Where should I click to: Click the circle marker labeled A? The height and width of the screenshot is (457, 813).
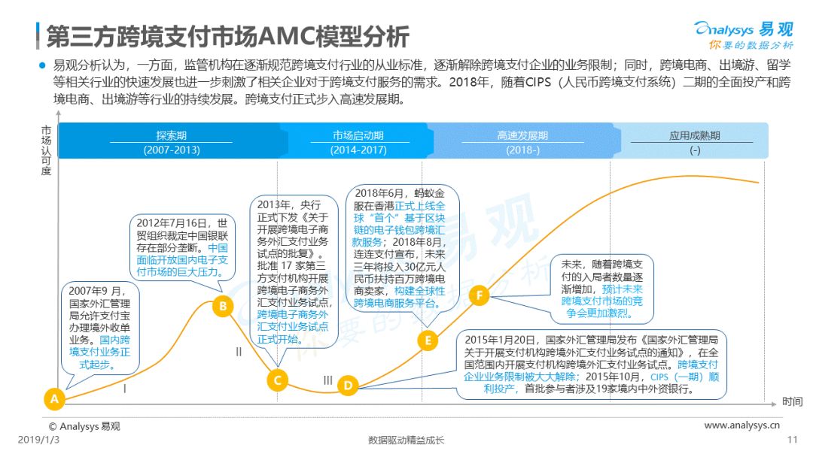tap(53, 398)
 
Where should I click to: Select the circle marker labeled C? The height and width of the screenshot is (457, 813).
tap(277, 380)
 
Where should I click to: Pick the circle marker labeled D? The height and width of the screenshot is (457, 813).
tap(347, 386)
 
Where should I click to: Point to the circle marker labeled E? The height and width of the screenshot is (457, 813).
tap(428, 340)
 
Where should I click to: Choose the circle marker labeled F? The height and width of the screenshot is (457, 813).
tap(479, 295)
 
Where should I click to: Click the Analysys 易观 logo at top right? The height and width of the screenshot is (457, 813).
tap(743, 33)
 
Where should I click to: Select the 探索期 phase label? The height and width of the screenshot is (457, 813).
tap(172, 135)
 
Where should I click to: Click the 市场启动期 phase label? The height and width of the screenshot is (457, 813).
tap(358, 135)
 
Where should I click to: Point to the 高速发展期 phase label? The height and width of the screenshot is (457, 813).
tap(522, 135)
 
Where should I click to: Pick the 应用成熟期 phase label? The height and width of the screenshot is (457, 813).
tap(694, 135)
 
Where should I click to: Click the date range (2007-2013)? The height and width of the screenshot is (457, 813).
tap(172, 150)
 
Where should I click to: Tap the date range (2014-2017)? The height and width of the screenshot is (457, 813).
tap(358, 150)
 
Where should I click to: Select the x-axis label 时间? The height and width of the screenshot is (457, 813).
tap(791, 401)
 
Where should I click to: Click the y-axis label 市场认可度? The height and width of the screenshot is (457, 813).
tap(47, 150)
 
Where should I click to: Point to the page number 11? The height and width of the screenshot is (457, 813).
tap(791, 440)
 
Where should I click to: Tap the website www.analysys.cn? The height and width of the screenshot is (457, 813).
tap(741, 425)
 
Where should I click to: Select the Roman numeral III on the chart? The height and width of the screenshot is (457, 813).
tap(327, 380)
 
